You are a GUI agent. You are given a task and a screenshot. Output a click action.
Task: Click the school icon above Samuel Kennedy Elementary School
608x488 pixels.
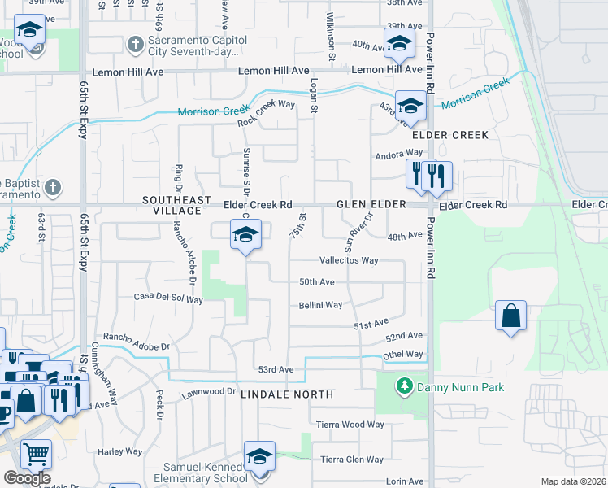tap(259, 456)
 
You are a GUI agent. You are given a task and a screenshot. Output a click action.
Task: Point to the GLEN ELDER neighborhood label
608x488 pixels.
tap(371, 205)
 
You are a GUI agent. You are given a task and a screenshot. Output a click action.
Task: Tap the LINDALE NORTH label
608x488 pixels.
tap(288, 394)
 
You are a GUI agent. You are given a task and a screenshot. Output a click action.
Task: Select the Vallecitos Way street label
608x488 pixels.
tap(349, 260)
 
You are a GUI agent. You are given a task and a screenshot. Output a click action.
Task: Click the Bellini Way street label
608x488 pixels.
tap(320, 305)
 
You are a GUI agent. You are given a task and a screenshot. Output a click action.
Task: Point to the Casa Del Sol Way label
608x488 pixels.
tap(168, 298)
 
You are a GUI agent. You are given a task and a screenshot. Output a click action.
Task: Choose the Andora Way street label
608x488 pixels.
tap(398, 153)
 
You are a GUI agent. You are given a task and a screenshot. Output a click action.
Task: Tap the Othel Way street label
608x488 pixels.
tap(403, 355)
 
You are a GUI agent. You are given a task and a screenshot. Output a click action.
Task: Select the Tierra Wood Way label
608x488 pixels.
tap(350, 425)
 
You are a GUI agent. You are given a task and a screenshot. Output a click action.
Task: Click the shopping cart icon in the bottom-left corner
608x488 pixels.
tap(36, 454)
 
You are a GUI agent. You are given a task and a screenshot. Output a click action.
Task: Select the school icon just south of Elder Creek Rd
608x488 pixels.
tap(245, 235)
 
